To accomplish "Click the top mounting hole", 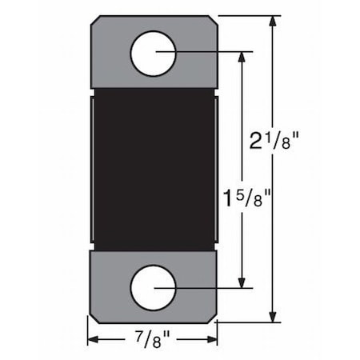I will coord(152,53).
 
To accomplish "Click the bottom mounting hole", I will coord(152,286).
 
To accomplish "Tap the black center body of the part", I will coord(152,168).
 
